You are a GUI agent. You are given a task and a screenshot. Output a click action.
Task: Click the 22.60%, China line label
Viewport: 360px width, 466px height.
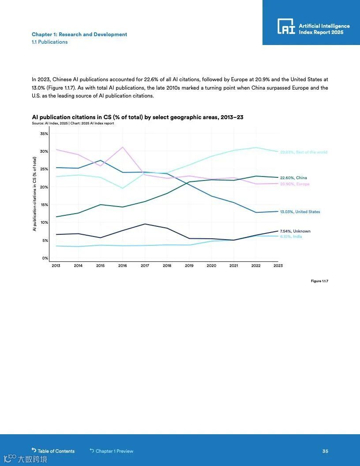tap(293, 178)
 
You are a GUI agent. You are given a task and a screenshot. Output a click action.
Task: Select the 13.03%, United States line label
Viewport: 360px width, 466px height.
tap(300, 212)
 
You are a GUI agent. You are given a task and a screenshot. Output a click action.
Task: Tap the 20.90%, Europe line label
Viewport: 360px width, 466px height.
tap(295, 184)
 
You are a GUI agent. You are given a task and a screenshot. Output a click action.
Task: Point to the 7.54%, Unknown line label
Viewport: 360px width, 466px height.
tap(295, 231)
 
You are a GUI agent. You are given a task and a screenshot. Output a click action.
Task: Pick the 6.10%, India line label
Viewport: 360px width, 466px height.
tap(291, 237)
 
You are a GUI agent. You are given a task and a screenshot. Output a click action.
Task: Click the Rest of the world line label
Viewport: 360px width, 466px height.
tap(304, 152)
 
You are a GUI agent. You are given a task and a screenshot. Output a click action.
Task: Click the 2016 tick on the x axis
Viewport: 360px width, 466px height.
tap(123, 266)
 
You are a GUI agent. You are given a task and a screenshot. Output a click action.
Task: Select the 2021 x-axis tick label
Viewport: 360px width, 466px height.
tap(234, 266)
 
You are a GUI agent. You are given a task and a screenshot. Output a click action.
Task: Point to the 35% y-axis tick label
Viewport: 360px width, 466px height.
tap(44, 134)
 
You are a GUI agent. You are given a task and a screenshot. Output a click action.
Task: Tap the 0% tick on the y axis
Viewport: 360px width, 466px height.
tap(45, 258)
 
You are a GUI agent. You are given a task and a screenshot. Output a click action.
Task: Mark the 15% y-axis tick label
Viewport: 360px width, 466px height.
tap(44, 205)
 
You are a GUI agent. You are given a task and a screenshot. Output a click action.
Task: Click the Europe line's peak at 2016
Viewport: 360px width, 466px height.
tap(123, 147)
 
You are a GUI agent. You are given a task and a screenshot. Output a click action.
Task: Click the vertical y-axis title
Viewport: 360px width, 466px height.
tap(34, 194)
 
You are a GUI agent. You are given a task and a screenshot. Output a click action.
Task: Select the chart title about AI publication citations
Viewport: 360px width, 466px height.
tap(138, 117)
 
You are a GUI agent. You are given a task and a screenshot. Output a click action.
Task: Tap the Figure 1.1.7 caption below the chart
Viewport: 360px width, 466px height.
tap(319, 281)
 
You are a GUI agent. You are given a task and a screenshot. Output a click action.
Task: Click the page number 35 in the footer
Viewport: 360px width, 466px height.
tap(325, 451)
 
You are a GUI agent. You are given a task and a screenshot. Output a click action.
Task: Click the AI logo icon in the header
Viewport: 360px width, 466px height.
tap(286, 26)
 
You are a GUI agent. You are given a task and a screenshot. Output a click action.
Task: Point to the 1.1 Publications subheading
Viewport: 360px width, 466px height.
tap(50, 42)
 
